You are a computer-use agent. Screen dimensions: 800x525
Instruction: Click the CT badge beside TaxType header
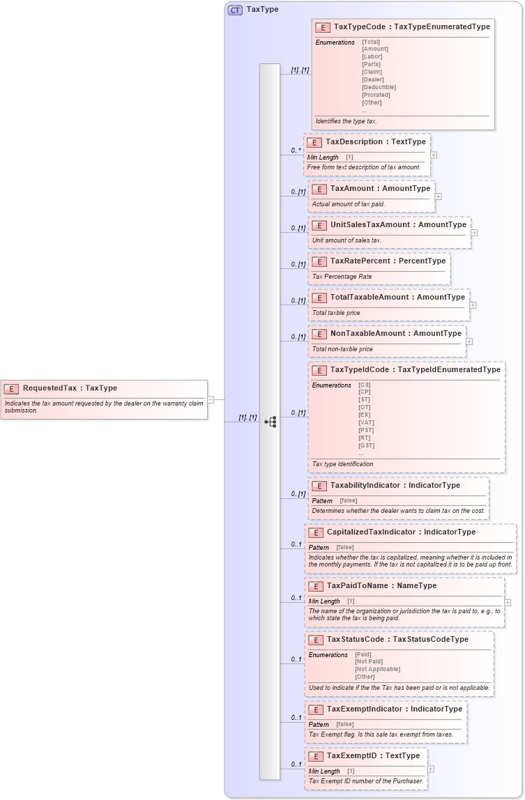tap(235, 10)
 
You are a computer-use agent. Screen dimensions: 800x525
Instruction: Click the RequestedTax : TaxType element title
tap(70, 388)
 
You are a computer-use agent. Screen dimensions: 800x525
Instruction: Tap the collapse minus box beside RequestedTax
tap(211, 400)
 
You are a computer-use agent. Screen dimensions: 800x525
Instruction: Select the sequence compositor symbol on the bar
tap(270, 422)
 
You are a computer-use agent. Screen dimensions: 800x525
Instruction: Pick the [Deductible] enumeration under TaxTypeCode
tap(379, 87)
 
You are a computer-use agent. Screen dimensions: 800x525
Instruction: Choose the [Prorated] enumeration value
tap(376, 95)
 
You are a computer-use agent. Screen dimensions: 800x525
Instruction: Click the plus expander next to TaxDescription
tap(434, 155)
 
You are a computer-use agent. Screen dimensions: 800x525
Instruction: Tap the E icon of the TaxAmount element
tap(319, 189)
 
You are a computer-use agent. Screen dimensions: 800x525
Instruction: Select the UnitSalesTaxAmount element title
tap(398, 225)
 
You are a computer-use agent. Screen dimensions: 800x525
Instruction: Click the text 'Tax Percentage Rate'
tap(342, 277)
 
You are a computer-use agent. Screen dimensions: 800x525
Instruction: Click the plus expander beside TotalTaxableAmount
tap(473, 305)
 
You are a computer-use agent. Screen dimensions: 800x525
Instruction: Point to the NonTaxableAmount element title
tap(395, 333)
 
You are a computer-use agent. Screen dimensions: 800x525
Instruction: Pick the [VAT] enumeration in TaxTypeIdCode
tap(366, 423)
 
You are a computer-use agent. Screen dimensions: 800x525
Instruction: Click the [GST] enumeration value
tap(366, 446)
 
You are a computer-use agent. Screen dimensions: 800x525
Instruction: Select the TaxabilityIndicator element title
tap(395, 485)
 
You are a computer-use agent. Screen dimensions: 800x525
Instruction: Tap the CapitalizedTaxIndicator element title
tap(401, 532)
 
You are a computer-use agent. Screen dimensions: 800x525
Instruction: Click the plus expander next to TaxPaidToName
tap(508, 602)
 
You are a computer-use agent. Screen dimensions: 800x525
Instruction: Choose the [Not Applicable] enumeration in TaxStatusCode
tap(377, 669)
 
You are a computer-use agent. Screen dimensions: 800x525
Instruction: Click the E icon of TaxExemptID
tap(315, 756)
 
